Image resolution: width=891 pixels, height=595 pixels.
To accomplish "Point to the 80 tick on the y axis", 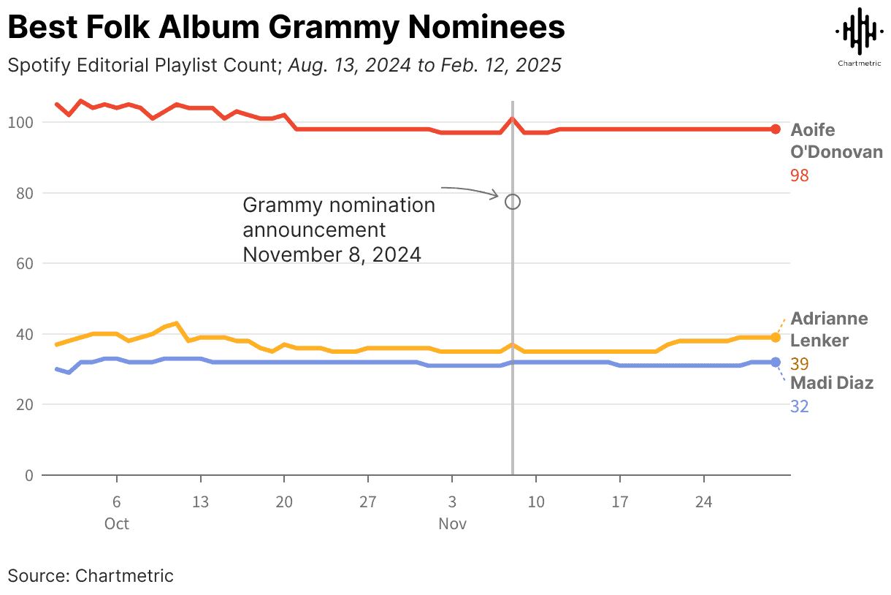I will tap(24, 193).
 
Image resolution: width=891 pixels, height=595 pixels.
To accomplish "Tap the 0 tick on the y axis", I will tap(29, 475).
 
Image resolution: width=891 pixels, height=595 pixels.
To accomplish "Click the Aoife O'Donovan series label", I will tap(836, 141).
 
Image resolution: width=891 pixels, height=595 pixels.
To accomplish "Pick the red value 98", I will tap(800, 175).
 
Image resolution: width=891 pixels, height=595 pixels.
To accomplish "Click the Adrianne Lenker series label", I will tap(829, 330).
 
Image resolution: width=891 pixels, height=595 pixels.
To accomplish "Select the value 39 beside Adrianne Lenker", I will tap(800, 364).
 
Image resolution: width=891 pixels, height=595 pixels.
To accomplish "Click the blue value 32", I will tap(800, 406).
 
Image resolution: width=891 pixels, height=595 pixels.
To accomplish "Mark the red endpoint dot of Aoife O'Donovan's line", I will tap(776, 129).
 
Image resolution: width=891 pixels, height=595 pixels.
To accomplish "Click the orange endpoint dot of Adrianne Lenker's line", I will tap(776, 337).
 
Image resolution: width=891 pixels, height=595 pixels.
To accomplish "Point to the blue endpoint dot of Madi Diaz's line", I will tap(776, 362).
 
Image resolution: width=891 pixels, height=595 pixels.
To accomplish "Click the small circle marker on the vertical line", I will tap(513, 202).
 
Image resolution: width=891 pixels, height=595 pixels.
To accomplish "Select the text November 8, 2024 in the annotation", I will tap(332, 255).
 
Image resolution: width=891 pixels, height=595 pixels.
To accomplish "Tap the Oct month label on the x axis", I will tap(116, 524).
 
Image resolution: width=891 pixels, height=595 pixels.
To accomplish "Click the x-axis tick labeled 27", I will tap(368, 503).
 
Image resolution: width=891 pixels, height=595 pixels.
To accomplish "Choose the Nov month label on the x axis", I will tap(452, 524).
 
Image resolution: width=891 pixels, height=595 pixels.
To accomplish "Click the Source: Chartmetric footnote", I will tap(91, 575).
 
